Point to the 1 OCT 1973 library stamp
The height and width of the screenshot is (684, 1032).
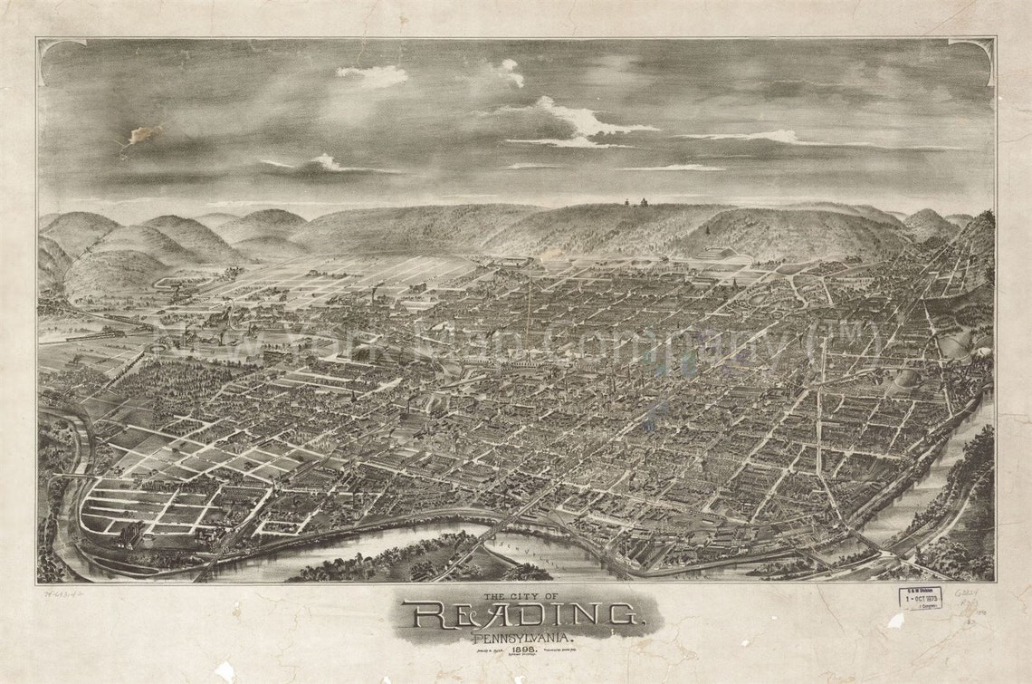click(x=920, y=598)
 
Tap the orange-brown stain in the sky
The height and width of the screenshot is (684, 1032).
click(x=140, y=135)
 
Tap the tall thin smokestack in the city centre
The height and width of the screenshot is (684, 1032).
click(x=529, y=308)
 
